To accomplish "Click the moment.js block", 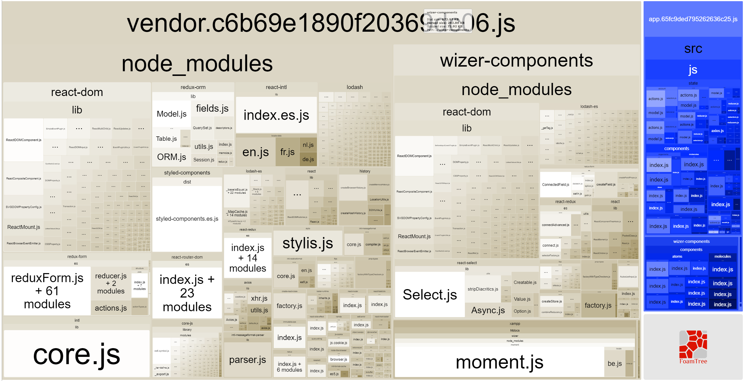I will tap(499, 362).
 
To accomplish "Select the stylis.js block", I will tap(307, 243).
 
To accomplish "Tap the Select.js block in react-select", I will tap(430, 295).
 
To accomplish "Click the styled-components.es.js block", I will tap(187, 219).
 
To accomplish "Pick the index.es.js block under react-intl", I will tap(276, 115).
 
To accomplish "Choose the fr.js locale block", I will tap(287, 152).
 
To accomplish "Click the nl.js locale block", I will tap(308, 145).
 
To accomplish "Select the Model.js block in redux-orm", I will tap(171, 114).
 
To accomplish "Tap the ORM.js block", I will tap(171, 157).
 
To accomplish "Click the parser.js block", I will tap(247, 360).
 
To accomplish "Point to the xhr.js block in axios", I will tap(259, 298).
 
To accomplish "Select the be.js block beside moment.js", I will tap(614, 364).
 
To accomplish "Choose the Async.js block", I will tap(488, 310).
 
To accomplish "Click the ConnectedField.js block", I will tap(555, 185).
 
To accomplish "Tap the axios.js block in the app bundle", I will tap(717, 131).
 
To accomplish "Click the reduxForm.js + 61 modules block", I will tap(47, 291).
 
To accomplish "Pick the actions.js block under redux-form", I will tap(111, 308).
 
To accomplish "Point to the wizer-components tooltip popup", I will tap(448, 21).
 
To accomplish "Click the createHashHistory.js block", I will tap(353, 213).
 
